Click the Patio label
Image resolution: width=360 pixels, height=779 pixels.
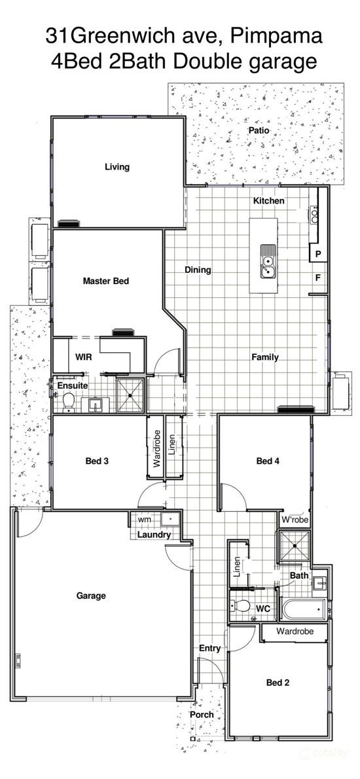point(259,130)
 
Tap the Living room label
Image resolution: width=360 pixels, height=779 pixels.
point(117,166)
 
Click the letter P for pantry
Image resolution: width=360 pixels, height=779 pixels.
point(318,254)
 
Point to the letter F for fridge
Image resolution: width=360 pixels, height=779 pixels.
point(317,278)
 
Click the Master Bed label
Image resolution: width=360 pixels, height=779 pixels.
point(106,281)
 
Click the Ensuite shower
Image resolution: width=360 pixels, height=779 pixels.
point(130,395)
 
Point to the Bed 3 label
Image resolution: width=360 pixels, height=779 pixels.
point(98,461)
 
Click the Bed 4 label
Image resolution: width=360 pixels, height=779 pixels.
point(268,461)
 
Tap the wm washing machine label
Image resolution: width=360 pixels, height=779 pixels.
point(144,519)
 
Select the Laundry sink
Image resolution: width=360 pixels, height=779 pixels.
point(170,518)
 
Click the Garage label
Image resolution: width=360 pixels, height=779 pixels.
point(92,595)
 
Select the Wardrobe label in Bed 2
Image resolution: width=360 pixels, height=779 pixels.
point(295,632)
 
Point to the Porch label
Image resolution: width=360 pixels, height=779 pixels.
point(202,714)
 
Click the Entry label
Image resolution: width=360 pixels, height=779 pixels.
point(209,648)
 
